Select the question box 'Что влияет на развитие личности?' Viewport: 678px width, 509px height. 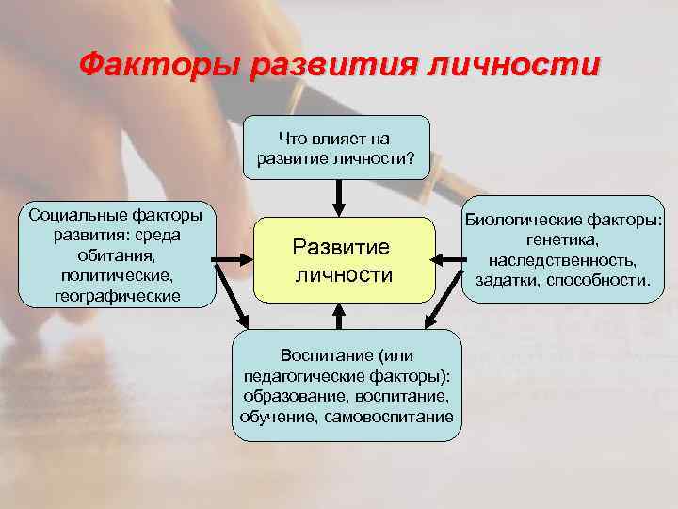[x=340, y=147]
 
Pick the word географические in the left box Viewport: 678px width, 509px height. [x=118, y=297]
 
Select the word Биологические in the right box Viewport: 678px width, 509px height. [x=530, y=220]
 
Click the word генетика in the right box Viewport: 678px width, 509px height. [x=563, y=240]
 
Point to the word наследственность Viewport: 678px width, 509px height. [x=562, y=261]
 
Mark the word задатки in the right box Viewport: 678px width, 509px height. [x=510, y=281]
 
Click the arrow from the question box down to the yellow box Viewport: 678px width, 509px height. [x=340, y=198]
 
